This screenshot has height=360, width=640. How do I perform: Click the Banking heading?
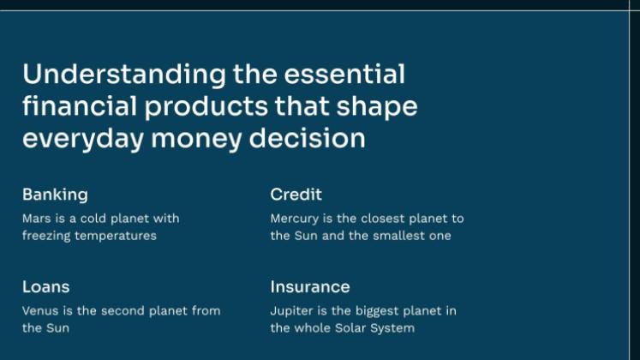coord(55,195)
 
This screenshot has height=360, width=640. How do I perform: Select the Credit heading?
coord(296,195)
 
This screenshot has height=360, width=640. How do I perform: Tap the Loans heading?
coord(45,287)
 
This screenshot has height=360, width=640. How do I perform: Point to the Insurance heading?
coord(310,287)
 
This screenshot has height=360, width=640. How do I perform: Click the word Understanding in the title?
coord(124,75)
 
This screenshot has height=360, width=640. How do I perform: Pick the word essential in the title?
coord(344,75)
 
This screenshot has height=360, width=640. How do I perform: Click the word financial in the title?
coord(80,106)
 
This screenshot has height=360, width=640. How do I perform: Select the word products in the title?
coord(206,107)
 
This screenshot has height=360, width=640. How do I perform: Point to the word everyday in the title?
coord(83,140)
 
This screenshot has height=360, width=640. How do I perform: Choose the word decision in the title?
coord(307,138)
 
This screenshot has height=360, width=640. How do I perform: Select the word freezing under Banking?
coord(46,237)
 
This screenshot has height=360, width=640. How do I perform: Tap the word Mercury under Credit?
coord(294,219)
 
